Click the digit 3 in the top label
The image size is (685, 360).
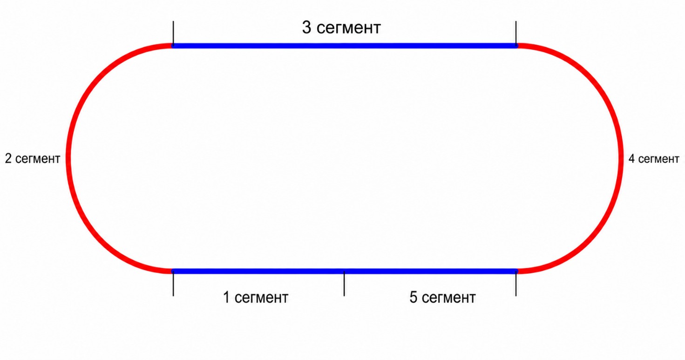pyautogui.click(x=306, y=27)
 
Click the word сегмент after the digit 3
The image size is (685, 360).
pyautogui.click(x=349, y=28)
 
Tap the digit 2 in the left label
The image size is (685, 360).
pyautogui.click(x=8, y=158)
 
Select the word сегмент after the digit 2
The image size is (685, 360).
pyautogui.click(x=38, y=159)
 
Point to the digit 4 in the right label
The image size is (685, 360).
pyautogui.click(x=631, y=159)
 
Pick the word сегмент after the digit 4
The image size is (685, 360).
pyautogui.click(x=659, y=159)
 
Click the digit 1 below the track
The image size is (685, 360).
pyautogui.click(x=226, y=297)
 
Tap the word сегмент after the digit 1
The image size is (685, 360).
pyautogui.click(x=261, y=298)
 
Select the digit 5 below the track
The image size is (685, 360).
pyautogui.click(x=413, y=297)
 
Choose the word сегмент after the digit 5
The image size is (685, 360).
pyautogui.click(x=448, y=298)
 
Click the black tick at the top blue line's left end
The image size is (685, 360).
pyautogui.click(x=173, y=33)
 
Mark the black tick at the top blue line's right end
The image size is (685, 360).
pyautogui.click(x=516, y=33)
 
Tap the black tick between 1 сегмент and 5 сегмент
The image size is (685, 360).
pyautogui.click(x=344, y=284)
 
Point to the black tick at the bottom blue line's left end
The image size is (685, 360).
pyautogui.click(x=173, y=284)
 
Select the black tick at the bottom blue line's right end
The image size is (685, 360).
pyautogui.click(x=516, y=284)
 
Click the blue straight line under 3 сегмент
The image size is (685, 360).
pyautogui.click(x=344, y=46)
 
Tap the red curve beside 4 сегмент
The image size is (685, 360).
pyautogui.click(x=621, y=158)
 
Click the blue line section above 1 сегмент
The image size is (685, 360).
pyautogui.click(x=258, y=271)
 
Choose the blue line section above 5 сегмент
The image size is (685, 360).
pyautogui.click(x=430, y=271)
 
